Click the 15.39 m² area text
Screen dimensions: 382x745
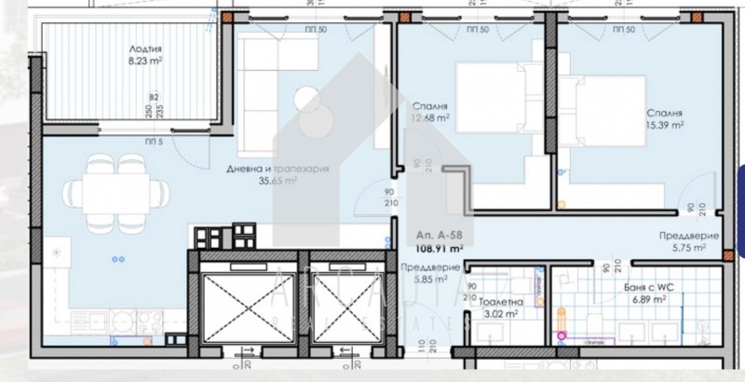pos(667,123)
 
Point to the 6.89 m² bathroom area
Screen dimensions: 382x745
pos(652,301)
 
